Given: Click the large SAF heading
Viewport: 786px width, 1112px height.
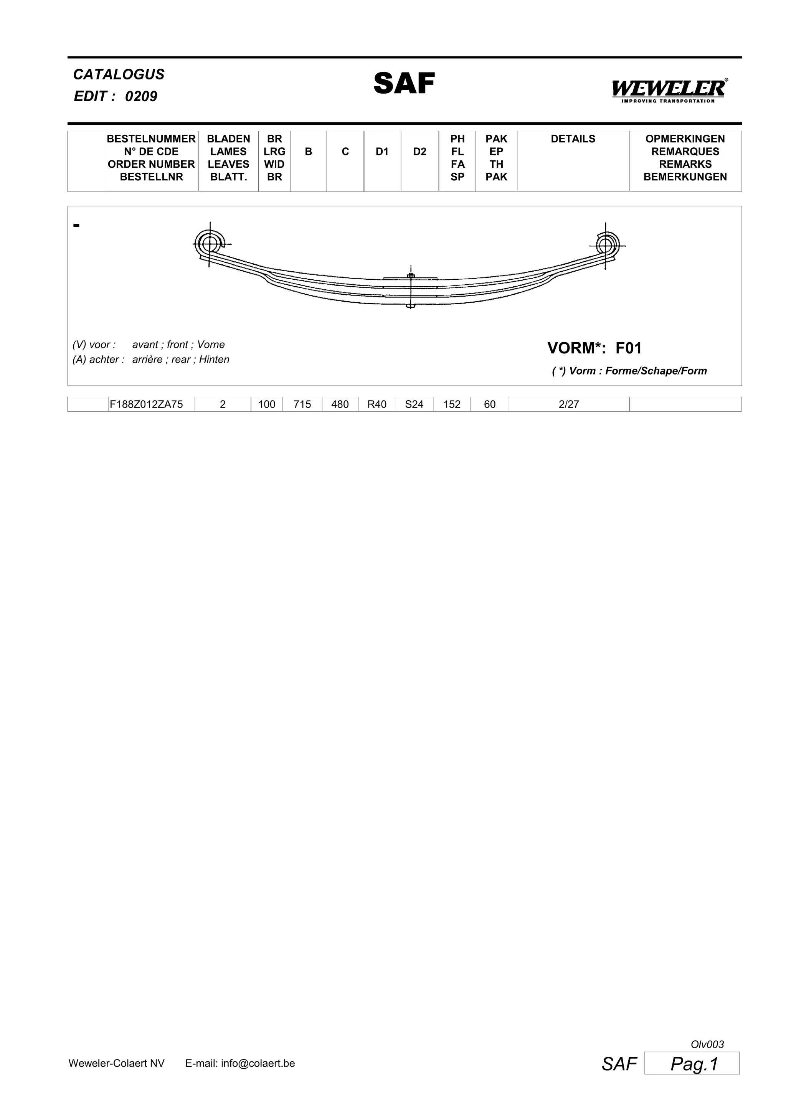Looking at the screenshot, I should (404, 83).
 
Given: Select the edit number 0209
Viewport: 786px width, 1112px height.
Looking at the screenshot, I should (141, 96).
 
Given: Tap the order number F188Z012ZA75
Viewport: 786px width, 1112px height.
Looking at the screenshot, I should (146, 404).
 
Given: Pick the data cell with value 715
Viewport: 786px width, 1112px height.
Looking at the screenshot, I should (302, 404).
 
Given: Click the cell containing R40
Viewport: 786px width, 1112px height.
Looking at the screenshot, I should (377, 404).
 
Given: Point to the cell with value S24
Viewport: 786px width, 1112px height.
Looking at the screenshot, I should (414, 404).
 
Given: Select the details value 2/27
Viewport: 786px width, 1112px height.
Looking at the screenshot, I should (568, 404).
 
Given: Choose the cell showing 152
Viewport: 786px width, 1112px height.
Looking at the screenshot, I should (452, 404).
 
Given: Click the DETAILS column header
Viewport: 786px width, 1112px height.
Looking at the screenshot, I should (573, 139).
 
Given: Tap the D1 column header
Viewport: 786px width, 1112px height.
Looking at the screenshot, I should (382, 152).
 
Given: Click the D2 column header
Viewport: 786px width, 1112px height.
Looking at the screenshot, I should (419, 152).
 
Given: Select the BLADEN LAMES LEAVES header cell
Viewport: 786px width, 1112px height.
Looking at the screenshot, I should (228, 158).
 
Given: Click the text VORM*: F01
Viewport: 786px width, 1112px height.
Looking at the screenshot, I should (594, 348).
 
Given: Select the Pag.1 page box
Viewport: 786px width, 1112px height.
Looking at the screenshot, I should (692, 1064).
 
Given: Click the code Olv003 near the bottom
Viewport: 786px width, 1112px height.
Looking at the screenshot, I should (707, 1045).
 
